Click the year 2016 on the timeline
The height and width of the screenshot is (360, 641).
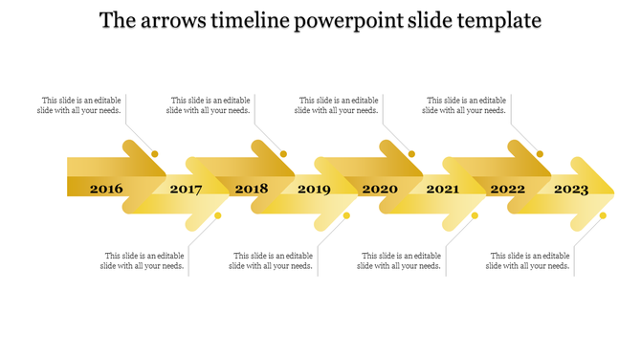pos(106,189)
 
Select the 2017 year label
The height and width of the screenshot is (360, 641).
pos(186,190)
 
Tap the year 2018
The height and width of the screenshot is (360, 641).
pos(252,189)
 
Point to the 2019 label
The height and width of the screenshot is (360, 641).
pos(314,190)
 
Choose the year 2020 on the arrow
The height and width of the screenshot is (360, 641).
pos(380,189)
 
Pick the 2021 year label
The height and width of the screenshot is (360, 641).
pos(442,190)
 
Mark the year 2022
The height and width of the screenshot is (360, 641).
pos(508,189)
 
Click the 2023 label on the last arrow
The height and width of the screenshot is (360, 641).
pos(571,190)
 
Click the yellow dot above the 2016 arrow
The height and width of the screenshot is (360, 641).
pos(155,153)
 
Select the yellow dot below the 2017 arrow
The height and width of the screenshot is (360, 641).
pos(218,215)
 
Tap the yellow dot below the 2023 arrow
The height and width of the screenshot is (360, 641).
pos(603,215)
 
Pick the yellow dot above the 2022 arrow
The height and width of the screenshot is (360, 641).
pos(540,153)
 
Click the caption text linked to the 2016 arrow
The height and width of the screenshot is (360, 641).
pos(81,105)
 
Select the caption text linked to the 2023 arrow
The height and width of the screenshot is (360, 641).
pos(529,261)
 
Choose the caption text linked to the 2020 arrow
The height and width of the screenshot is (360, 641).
pos(337,105)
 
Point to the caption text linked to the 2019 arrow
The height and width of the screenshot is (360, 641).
pos(272,261)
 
